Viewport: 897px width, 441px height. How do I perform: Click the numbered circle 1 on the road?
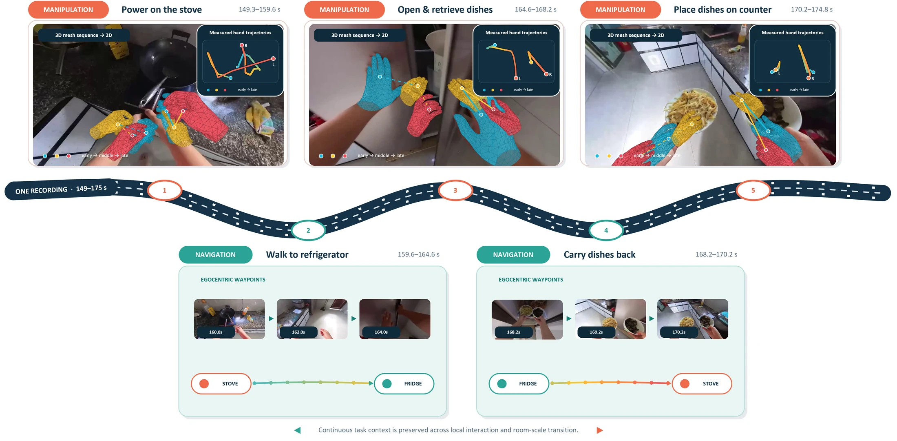[x=164, y=190]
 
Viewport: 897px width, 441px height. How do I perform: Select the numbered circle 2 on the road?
[x=308, y=230]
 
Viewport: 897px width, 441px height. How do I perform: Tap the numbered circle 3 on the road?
[x=455, y=190]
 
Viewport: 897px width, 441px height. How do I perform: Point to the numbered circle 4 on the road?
[x=606, y=230]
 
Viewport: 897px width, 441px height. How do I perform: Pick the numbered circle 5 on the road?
[x=753, y=190]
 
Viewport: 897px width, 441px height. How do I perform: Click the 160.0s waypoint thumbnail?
[x=229, y=319]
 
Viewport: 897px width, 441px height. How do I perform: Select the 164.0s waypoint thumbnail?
[x=395, y=319]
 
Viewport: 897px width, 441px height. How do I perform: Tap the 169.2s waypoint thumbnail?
[x=610, y=319]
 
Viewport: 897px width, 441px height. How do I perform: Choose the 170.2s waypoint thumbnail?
[x=693, y=319]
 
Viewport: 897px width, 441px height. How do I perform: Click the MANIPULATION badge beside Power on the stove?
[x=68, y=10]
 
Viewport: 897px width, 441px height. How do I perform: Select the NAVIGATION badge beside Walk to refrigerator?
[x=215, y=255]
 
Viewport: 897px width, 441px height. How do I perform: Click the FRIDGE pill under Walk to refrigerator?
[x=404, y=383]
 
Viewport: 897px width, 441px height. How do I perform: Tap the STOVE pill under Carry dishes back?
[x=702, y=383]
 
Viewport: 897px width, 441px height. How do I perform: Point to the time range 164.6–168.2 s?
[x=535, y=9]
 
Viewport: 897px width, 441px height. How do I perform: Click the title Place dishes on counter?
[x=722, y=10]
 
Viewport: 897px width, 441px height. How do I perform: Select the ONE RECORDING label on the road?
[x=41, y=191]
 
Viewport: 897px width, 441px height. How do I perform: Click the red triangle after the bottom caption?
[x=599, y=430]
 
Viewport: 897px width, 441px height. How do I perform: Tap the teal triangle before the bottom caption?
[x=298, y=430]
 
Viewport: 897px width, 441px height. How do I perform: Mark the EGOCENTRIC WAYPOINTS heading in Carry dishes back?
[x=530, y=280]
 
